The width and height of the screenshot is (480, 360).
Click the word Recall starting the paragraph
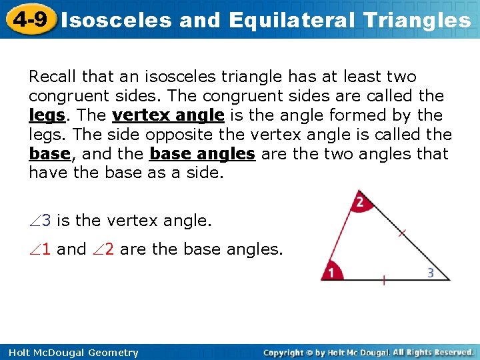[x=51, y=77]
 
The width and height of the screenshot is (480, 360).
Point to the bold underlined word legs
[x=47, y=115]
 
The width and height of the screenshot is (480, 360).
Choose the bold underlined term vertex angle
[x=168, y=115]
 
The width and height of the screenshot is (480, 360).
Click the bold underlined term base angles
[x=203, y=154]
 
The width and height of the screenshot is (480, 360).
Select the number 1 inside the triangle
[x=329, y=272]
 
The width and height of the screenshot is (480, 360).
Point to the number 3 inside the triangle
[x=431, y=272]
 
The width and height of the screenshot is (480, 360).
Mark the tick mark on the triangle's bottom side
[x=383, y=280]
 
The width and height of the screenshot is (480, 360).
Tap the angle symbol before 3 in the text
[x=35, y=220]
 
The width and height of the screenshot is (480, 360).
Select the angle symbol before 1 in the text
[x=35, y=249]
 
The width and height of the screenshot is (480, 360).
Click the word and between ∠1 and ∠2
[x=71, y=249]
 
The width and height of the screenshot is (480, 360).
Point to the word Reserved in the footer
[x=451, y=352]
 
